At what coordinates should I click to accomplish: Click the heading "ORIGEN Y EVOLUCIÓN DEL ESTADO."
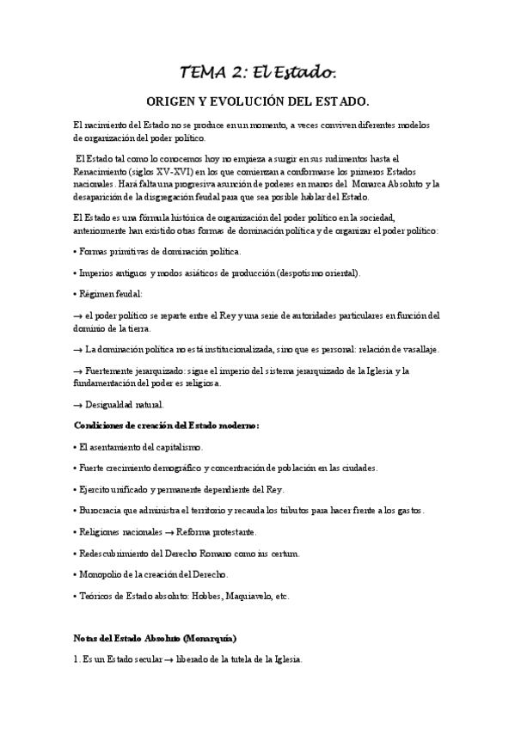coord(257,99)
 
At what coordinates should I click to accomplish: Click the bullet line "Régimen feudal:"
coord(110,295)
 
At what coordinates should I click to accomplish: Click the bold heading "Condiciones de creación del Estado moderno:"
coord(167,426)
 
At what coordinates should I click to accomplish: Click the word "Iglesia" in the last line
coord(285,660)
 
